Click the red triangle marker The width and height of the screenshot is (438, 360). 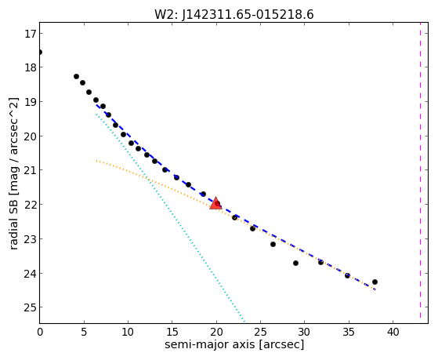pyautogui.click(x=215, y=203)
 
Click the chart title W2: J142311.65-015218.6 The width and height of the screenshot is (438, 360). pyautogui.click(x=234, y=15)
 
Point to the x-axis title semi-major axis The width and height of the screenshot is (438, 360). pyautogui.click(x=209, y=344)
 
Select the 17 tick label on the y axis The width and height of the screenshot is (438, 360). pyautogui.click(x=30, y=35)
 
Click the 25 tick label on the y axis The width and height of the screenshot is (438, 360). pyautogui.click(x=30, y=307)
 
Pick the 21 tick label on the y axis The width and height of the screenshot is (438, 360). pyautogui.click(x=30, y=170)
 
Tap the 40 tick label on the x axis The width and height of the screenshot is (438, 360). pyautogui.click(x=393, y=332)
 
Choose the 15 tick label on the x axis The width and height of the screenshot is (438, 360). pyautogui.click(x=172, y=332)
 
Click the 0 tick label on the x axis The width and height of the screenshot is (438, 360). pyautogui.click(x=40, y=332)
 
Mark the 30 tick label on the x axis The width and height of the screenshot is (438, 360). pyautogui.click(x=305, y=332)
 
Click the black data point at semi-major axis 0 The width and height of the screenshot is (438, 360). pyautogui.click(x=40, y=52)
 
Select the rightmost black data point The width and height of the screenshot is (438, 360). pyautogui.click(x=375, y=282)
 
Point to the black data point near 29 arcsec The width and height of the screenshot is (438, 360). pyautogui.click(x=296, y=263)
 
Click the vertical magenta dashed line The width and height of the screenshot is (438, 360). pyautogui.click(x=420, y=173)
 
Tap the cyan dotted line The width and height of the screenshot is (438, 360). pyautogui.click(x=169, y=216)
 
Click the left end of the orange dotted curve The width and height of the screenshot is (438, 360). pyautogui.click(x=96, y=161)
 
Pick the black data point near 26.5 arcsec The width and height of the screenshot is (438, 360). pyautogui.click(x=273, y=244)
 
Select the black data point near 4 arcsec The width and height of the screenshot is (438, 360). pyautogui.click(x=76, y=76)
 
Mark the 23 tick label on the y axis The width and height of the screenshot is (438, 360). pyautogui.click(x=30, y=239)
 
